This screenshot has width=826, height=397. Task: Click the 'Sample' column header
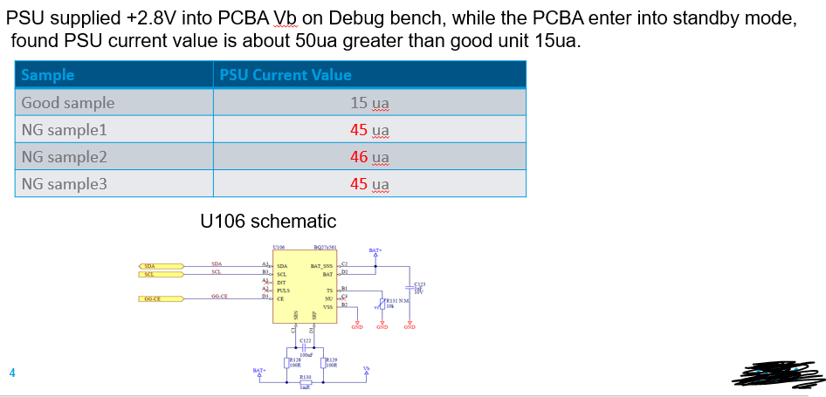48,75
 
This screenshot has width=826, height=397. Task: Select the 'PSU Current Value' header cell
286,75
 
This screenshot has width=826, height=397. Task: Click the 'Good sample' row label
68,103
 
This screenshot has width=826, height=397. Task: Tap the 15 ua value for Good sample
368,103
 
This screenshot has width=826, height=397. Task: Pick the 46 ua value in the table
368,157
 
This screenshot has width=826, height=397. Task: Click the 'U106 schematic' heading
267,221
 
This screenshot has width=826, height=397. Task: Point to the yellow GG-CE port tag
161,298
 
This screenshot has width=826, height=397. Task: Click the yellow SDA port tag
161,265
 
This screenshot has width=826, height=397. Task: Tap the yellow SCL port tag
161,274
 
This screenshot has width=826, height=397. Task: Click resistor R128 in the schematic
289,362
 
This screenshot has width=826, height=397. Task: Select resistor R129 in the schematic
326,362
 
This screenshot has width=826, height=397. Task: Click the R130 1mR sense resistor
306,383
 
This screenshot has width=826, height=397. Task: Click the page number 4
12,373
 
